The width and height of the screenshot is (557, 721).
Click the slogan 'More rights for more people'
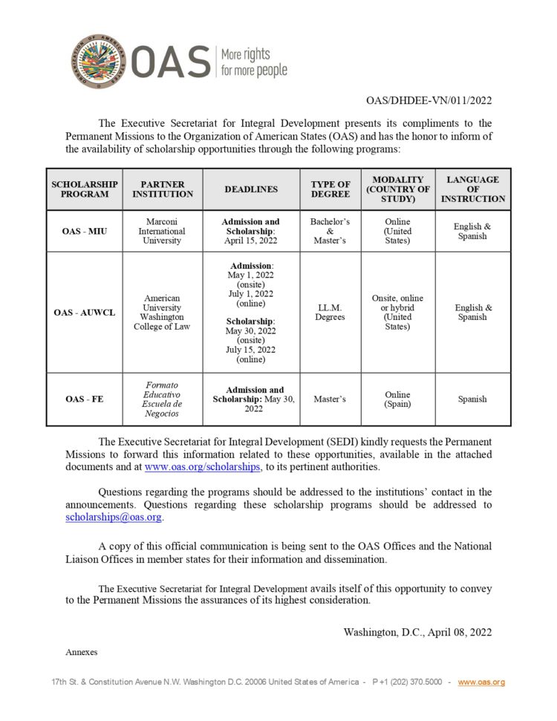[253, 63]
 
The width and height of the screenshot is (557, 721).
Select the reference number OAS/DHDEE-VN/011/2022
[429, 101]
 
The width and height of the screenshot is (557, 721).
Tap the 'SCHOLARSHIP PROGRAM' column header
[84, 189]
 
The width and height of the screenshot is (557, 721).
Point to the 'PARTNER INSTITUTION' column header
[162, 189]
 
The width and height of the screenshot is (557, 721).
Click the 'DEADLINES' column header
[251, 189]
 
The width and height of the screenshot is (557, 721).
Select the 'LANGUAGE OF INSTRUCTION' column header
[472, 189]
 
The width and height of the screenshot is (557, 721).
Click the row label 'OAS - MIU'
[84, 231]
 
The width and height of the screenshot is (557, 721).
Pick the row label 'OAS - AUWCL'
[84, 313]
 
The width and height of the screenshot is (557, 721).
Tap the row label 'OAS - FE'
[84, 399]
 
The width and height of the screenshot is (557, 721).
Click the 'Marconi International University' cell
[162, 231]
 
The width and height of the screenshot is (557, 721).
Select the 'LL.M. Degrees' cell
[330, 313]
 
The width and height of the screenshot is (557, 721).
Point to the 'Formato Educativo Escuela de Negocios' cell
[162, 399]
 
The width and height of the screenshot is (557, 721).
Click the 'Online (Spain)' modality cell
[398, 399]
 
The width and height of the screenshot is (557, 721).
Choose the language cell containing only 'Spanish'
[472, 399]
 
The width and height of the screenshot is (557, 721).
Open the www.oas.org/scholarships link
[202, 467]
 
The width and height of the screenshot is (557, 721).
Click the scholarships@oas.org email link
[114, 518]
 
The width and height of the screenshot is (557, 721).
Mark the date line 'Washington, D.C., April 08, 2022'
[417, 632]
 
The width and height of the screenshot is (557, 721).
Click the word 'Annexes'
[82, 652]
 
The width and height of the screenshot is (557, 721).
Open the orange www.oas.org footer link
[481, 682]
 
